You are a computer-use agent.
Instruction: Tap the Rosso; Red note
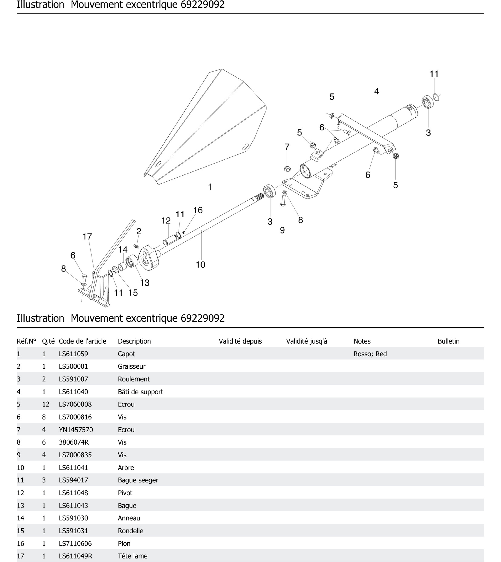370,354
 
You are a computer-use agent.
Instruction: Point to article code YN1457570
76,430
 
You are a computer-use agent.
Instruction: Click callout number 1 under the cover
210,187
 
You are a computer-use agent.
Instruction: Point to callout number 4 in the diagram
376,91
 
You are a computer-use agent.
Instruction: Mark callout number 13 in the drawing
145,283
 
